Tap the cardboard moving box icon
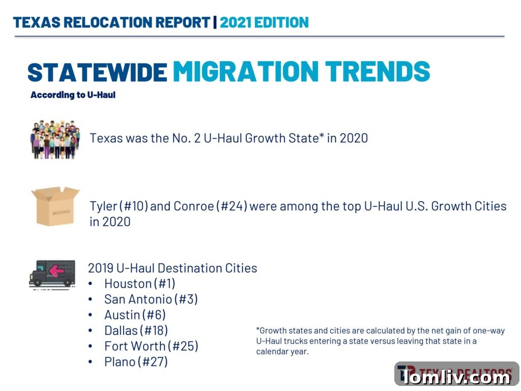(55, 206)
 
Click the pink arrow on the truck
(56, 270)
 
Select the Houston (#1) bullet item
(139, 284)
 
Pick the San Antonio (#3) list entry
(151, 299)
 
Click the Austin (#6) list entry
(135, 315)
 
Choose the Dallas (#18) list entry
(136, 330)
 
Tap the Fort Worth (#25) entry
(151, 346)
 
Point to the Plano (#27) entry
(136, 362)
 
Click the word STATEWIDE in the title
(97, 72)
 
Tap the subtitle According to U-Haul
(73, 95)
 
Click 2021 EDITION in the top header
(264, 22)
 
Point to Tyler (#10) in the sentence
(119, 206)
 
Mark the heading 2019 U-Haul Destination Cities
(172, 268)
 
